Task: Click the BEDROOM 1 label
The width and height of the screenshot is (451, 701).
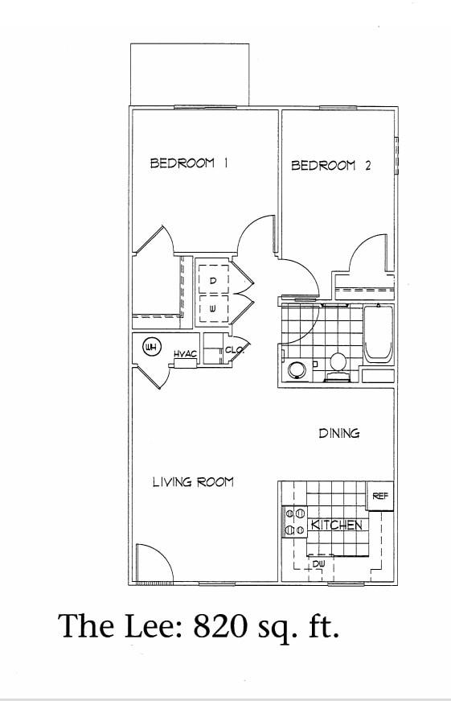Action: [190, 163]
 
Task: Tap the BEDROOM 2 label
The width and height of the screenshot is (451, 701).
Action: [330, 166]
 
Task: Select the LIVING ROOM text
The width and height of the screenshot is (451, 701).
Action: [193, 482]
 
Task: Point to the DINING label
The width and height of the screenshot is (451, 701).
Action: [339, 433]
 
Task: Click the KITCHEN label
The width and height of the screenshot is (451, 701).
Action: [336, 526]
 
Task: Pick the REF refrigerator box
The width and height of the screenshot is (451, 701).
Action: [380, 497]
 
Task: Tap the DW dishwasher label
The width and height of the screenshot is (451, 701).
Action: [318, 564]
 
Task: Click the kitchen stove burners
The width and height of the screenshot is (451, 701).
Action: [295, 522]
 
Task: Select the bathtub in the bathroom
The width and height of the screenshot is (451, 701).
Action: [378, 334]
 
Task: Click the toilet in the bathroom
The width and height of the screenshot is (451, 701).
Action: [338, 364]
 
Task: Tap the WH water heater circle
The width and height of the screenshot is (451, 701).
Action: [150, 347]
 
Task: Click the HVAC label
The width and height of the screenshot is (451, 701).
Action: [186, 354]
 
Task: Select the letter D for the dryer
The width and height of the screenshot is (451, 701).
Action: [213, 280]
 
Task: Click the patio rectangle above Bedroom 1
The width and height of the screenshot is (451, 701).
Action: [190, 74]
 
